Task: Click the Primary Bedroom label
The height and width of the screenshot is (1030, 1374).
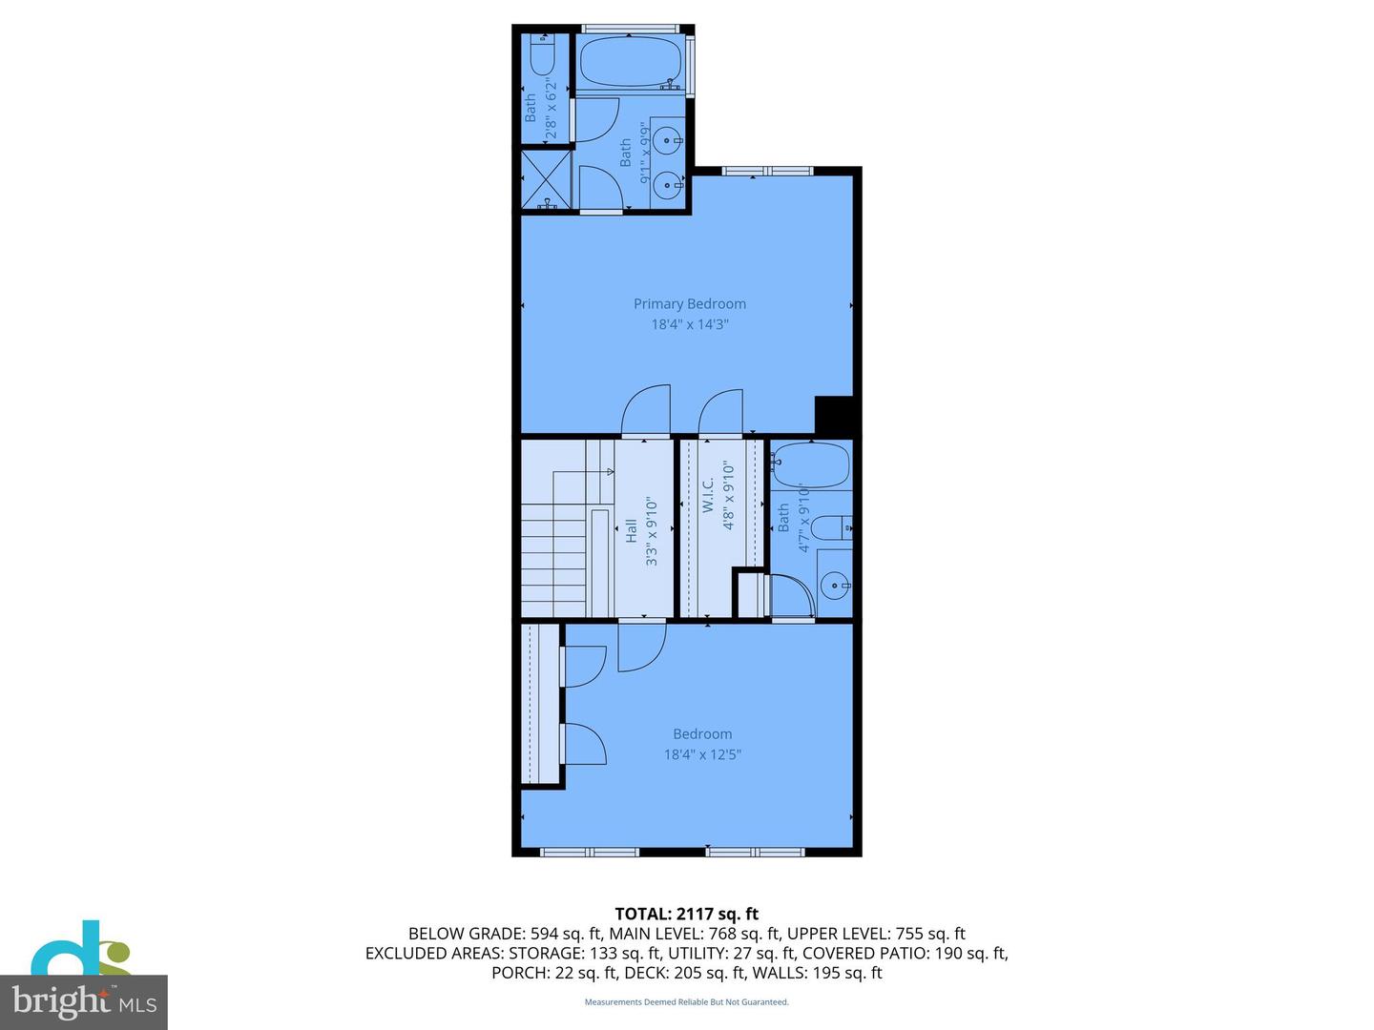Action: coord(689,303)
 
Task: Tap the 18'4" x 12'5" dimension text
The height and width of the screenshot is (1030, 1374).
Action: coord(702,754)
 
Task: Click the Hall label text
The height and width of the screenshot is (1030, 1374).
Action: coord(631,531)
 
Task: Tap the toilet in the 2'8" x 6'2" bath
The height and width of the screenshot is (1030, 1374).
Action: coord(543,58)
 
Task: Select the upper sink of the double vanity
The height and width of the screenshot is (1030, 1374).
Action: coord(668,141)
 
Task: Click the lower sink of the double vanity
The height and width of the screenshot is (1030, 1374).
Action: coord(668,181)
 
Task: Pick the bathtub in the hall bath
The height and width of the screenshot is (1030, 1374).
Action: coord(811,465)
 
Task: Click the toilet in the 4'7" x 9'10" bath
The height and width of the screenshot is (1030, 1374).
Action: coord(835,526)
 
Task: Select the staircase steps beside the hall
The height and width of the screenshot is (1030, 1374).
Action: coord(553,563)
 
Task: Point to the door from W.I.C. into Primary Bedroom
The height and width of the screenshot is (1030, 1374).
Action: coord(721,414)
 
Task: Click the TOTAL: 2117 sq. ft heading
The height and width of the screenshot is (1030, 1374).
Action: coord(686,914)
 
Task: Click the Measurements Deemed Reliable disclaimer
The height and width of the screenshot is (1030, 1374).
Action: coord(686,1002)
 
